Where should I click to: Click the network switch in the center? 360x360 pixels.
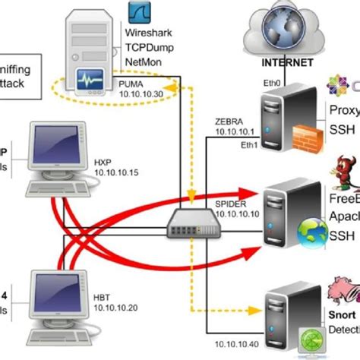point(189,221)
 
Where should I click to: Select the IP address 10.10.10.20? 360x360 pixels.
point(115,309)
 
